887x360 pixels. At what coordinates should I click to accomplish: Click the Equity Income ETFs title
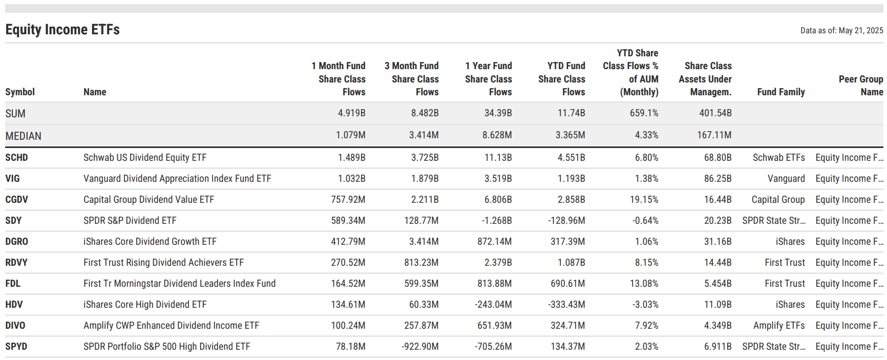click(x=62, y=30)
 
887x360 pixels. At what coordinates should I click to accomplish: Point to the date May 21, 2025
click(x=860, y=31)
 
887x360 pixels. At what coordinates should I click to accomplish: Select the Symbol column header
click(x=20, y=92)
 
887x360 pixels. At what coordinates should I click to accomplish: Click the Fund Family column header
click(x=780, y=92)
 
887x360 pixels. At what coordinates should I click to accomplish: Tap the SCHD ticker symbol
click(x=16, y=158)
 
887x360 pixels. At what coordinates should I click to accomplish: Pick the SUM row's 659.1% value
click(x=644, y=113)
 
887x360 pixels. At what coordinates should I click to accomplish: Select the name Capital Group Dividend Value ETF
click(x=149, y=200)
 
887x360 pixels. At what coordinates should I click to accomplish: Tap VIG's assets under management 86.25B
click(x=717, y=179)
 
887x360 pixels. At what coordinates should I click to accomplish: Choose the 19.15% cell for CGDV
click(x=644, y=200)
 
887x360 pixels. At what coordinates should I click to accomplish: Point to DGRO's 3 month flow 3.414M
click(x=424, y=242)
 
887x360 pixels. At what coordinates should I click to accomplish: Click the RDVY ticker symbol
click(x=16, y=263)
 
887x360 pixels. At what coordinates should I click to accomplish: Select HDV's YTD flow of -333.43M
click(x=566, y=305)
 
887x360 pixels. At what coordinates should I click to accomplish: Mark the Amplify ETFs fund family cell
click(x=778, y=326)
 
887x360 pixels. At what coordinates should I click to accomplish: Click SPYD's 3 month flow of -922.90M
click(x=420, y=347)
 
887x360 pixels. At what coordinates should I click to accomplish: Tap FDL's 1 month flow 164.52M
click(x=348, y=284)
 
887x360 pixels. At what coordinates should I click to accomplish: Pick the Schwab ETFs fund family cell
click(x=778, y=158)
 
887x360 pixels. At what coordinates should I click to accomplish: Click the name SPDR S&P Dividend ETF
click(x=130, y=221)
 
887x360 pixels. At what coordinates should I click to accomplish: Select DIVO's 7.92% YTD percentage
click(x=646, y=326)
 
